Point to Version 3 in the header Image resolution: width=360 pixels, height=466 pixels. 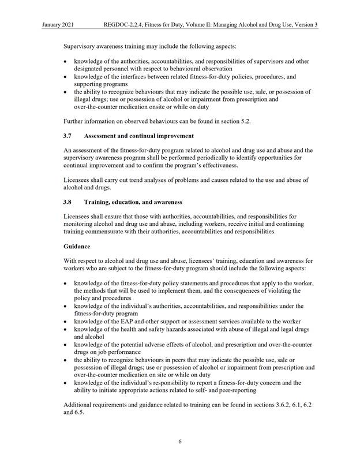tap(306, 25)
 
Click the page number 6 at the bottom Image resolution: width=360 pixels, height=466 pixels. tap(180, 442)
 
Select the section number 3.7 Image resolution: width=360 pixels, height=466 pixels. tap(67, 136)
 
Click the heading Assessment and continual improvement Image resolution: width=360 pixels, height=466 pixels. tap(138, 136)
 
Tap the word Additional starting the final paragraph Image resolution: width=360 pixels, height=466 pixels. tap(81, 404)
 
